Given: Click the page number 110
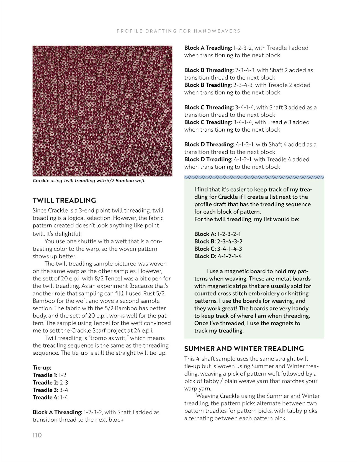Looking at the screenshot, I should click(x=37, y=435).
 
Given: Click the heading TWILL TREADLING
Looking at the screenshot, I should click(x=64, y=200).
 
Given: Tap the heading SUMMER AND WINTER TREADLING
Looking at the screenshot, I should click(x=244, y=348).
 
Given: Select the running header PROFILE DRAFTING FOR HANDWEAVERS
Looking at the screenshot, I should click(x=178, y=31).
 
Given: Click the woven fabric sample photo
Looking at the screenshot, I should click(x=102, y=111).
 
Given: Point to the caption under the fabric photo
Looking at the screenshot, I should click(x=89, y=181).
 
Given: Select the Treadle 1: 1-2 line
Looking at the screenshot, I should click(x=49, y=375).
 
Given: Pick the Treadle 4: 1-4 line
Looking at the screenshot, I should click(x=50, y=397).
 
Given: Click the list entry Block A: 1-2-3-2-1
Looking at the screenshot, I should click(x=217, y=234).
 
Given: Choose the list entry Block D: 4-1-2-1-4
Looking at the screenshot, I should click(x=218, y=256).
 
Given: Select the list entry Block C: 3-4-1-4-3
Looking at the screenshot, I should click(x=218, y=249).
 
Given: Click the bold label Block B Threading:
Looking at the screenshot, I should click(x=209, y=70).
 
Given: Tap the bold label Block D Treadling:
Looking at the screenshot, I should click(x=208, y=159).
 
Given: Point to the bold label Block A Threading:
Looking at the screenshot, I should click(x=57, y=412).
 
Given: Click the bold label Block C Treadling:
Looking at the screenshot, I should click(x=208, y=122).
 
